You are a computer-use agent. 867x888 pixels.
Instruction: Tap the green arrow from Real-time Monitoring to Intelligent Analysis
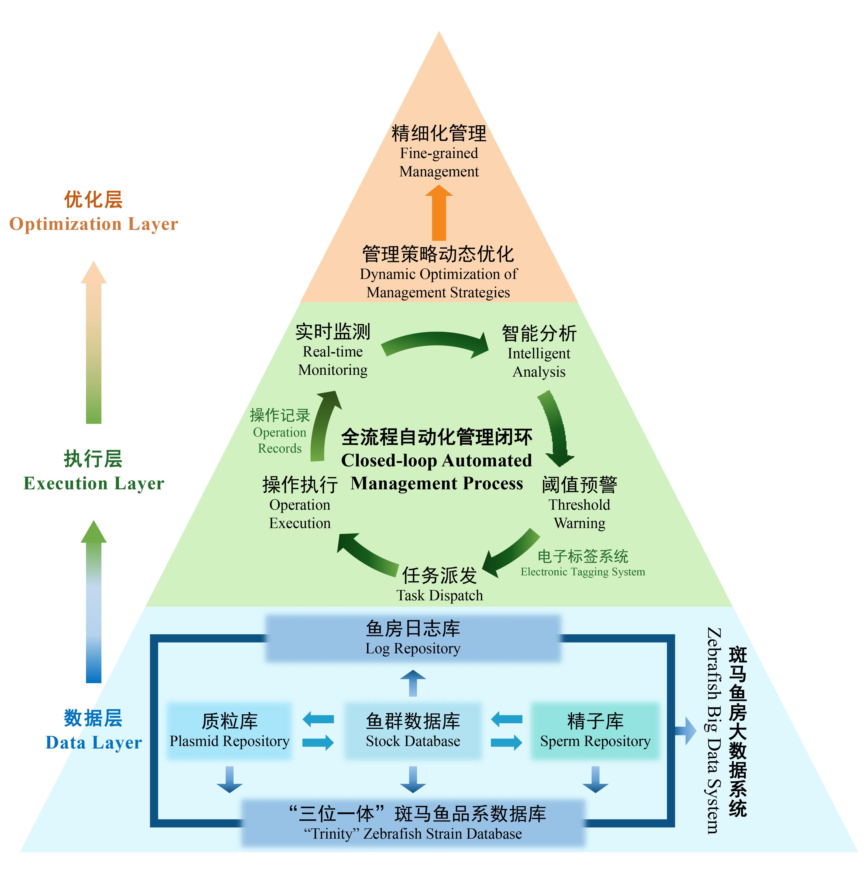pyautogui.click(x=435, y=342)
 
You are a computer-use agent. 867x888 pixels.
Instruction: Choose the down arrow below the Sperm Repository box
pyautogui.click(x=595, y=780)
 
